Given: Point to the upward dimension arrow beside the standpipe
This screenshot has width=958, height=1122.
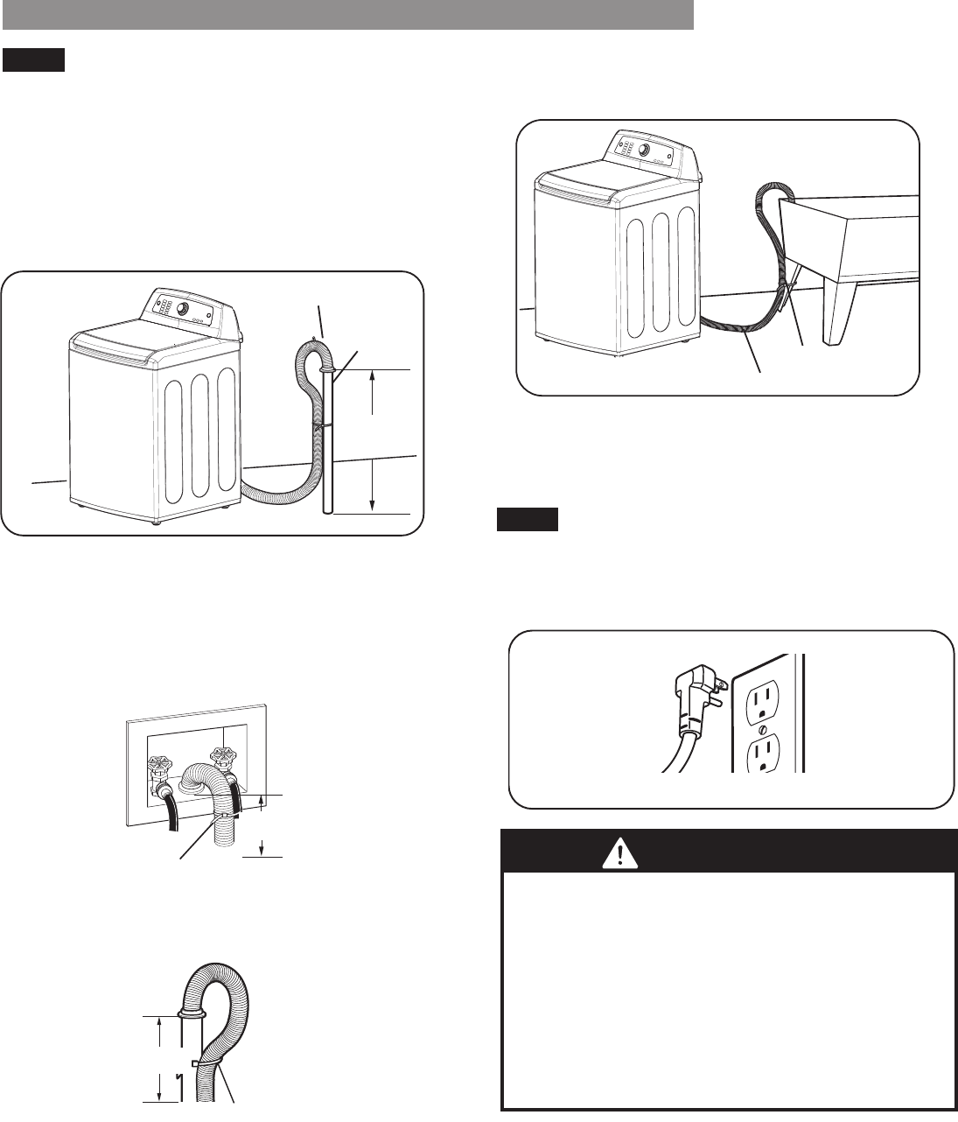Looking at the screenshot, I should [x=374, y=389].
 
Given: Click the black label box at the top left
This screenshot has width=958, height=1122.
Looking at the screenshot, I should [x=34, y=60].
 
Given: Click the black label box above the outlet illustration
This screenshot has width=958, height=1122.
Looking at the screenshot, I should [x=528, y=522].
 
